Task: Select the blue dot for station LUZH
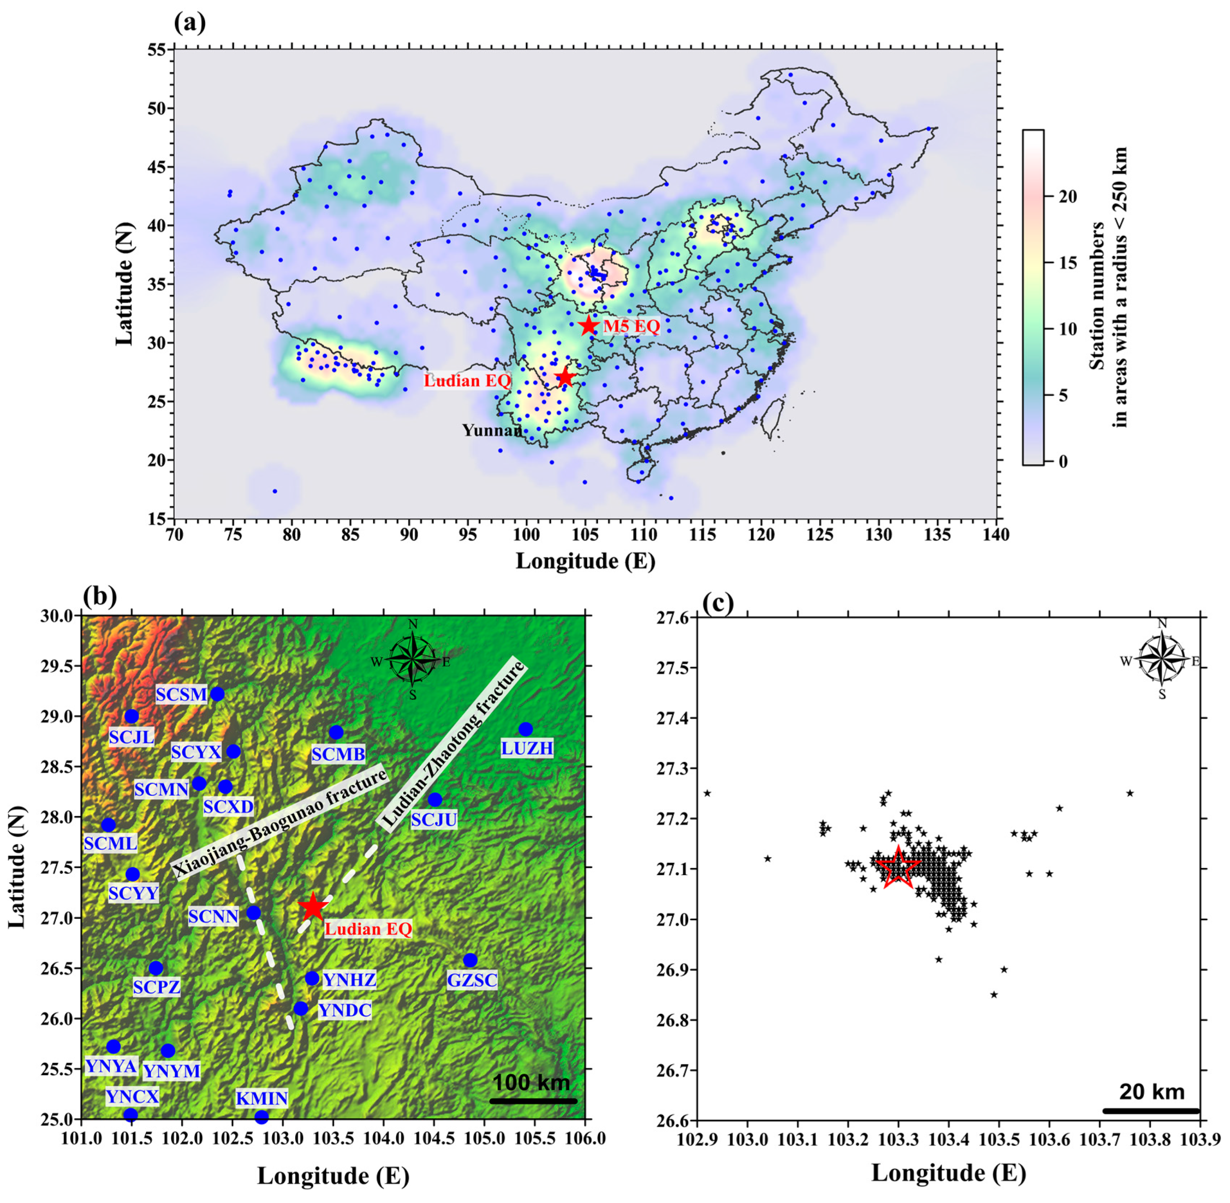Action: pyautogui.click(x=525, y=729)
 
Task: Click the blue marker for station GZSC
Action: pyautogui.click(x=469, y=960)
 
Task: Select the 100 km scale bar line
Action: pyautogui.click(x=533, y=1100)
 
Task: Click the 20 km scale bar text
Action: pyautogui.click(x=1152, y=1091)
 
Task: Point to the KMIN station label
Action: pyautogui.click(x=262, y=1098)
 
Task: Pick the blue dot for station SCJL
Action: pyautogui.click(x=132, y=716)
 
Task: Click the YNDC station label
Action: pyautogui.click(x=345, y=1010)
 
